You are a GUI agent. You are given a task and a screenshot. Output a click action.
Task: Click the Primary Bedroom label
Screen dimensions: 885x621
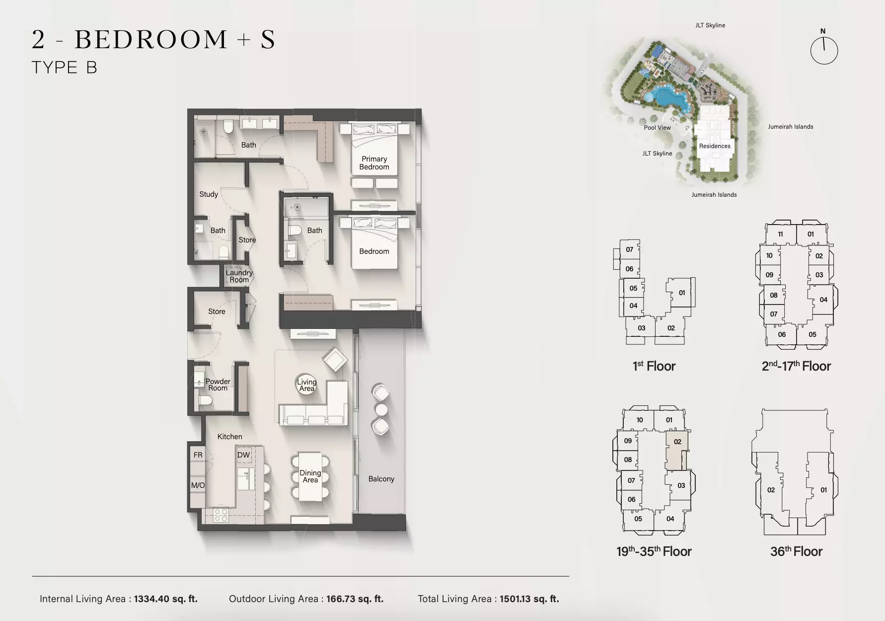click(374, 163)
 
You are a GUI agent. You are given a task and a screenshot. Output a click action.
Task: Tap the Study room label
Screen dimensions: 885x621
click(209, 194)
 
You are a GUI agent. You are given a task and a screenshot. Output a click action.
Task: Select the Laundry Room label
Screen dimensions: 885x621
click(239, 276)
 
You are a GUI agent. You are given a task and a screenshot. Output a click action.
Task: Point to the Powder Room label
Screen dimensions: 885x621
click(218, 385)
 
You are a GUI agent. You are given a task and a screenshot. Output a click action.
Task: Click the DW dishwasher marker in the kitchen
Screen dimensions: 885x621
click(243, 455)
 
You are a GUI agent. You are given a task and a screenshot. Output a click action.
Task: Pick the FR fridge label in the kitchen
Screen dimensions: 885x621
click(198, 455)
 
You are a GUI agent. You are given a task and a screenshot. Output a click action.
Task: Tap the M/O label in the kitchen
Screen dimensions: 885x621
click(198, 485)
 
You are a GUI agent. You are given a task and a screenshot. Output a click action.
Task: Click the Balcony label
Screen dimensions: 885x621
click(381, 479)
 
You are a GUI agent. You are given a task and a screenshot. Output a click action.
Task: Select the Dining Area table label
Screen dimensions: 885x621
click(310, 476)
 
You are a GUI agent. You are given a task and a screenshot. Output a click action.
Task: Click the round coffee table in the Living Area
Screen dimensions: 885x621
click(306, 385)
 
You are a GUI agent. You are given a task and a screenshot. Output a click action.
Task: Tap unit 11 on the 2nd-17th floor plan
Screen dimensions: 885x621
click(781, 234)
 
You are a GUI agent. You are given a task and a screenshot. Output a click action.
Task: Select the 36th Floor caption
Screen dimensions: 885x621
click(796, 551)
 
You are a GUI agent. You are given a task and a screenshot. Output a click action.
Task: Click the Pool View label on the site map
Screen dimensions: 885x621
click(657, 128)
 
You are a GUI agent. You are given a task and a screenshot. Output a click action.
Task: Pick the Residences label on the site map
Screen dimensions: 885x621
click(715, 146)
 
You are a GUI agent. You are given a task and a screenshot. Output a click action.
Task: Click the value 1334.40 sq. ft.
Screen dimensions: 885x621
click(166, 599)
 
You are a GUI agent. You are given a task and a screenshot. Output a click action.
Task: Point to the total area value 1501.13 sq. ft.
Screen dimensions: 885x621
click(529, 599)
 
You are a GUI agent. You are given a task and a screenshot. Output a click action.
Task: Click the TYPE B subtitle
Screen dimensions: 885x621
click(65, 68)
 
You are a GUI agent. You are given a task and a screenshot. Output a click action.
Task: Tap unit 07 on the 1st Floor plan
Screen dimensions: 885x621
click(629, 249)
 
